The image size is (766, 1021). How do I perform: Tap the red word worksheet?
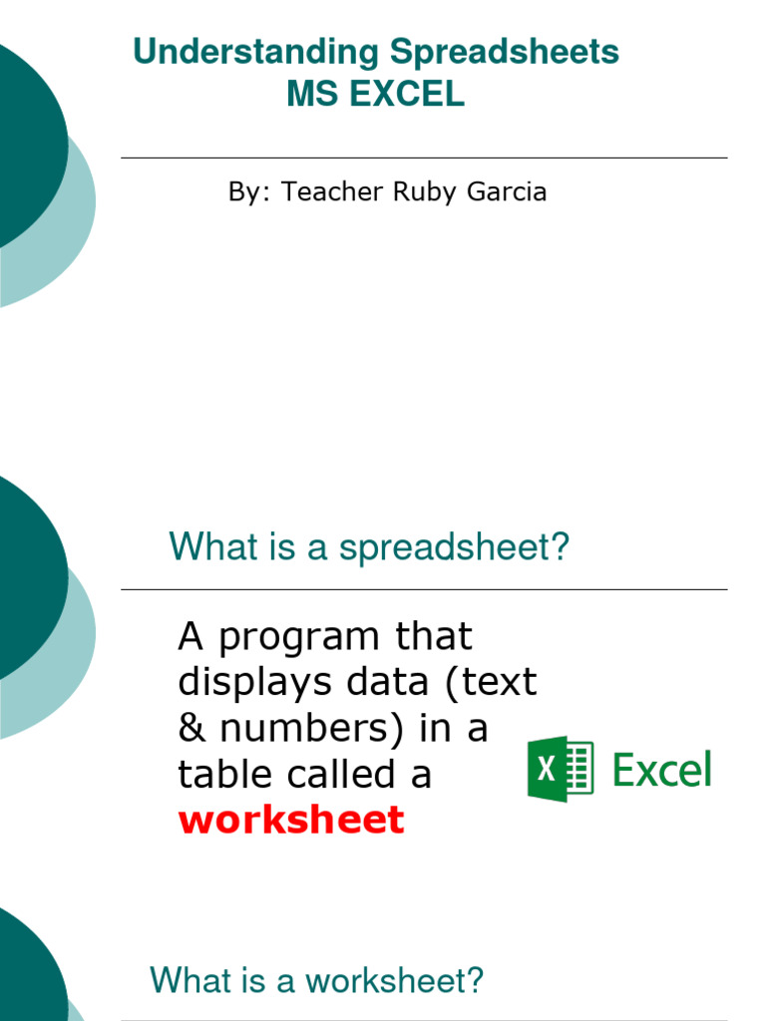tap(291, 820)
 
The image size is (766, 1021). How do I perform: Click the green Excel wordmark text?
tap(661, 770)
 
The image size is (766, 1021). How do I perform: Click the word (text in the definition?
tap(489, 682)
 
